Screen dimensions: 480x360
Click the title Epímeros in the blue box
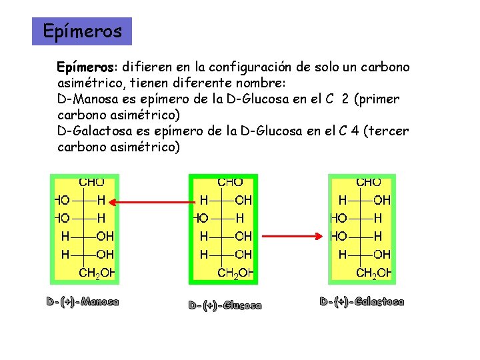point(82,31)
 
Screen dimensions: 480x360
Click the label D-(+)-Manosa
point(83,302)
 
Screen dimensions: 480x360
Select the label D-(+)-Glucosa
point(225,305)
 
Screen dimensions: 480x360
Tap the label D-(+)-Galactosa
point(362,302)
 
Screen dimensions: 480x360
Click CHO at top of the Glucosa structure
point(230,181)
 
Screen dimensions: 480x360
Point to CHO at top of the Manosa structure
point(91,181)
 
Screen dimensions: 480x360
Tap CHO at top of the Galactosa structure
point(369,181)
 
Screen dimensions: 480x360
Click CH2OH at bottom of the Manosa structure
point(96,272)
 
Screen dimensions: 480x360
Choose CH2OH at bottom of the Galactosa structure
point(373,272)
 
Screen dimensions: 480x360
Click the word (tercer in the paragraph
point(387,131)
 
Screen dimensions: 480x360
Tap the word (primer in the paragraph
point(377,99)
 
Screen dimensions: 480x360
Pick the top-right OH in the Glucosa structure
point(243,199)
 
